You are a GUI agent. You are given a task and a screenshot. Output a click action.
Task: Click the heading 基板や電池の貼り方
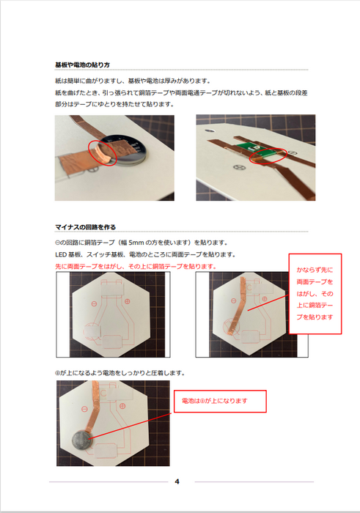pos(82,64)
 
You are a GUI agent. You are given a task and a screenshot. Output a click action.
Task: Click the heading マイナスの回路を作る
pos(86,227)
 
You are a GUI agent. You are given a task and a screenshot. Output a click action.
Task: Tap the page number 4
pos(177,481)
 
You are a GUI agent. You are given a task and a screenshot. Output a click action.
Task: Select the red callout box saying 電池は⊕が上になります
pos(220,401)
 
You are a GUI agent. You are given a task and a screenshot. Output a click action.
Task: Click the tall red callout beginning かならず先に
pos(315,293)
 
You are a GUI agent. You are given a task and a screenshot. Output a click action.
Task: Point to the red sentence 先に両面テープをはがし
pos(136,266)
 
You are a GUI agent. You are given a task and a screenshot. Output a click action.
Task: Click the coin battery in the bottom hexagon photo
pos(82,442)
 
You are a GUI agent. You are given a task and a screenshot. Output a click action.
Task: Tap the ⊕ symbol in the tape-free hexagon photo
pos(128,301)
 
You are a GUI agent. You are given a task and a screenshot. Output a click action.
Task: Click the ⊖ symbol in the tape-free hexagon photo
pos(94,303)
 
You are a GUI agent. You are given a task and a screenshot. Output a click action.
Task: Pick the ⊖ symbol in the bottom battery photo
pos(84,409)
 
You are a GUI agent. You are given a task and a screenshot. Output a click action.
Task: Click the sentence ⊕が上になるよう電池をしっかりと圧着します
pos(120,373)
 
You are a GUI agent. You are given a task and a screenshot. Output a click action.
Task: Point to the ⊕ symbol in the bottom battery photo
pos(122,406)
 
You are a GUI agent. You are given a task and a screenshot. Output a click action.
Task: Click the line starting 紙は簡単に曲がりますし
pos(133,81)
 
